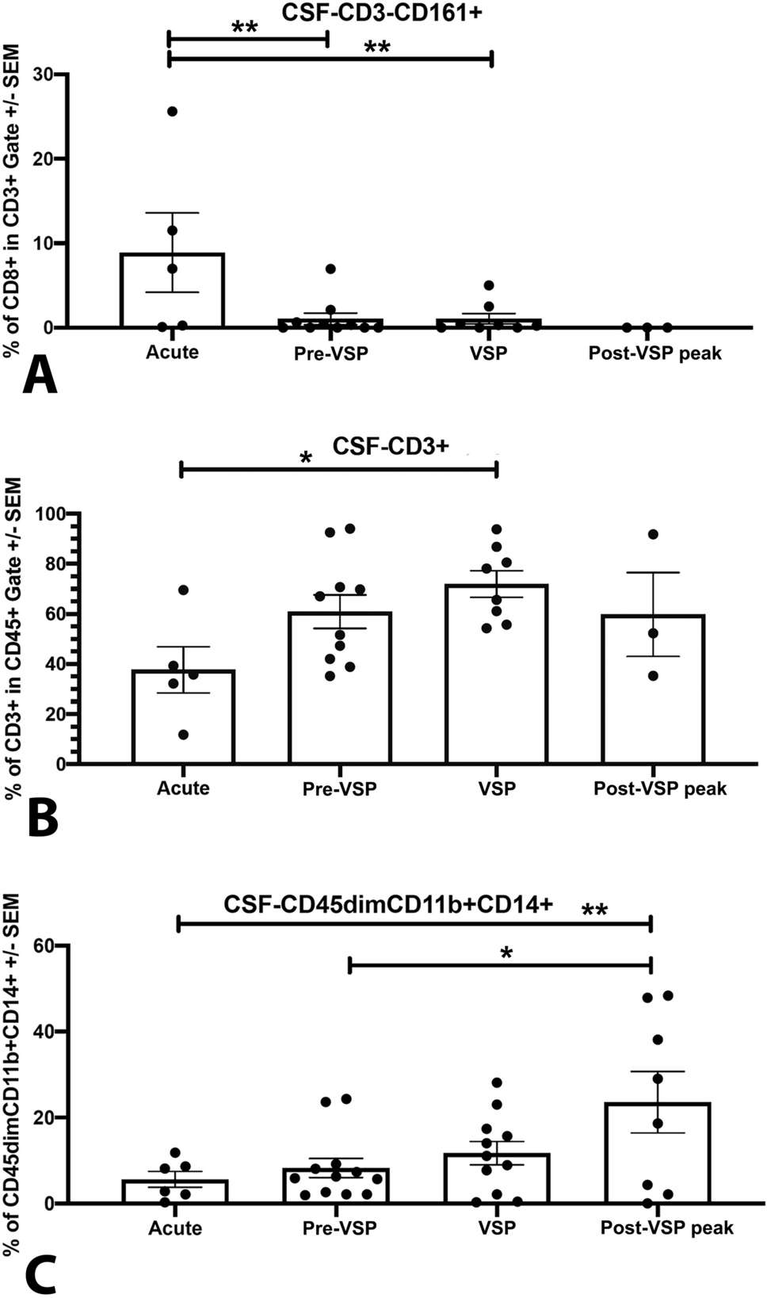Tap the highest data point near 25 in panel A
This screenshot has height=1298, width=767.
[172, 112]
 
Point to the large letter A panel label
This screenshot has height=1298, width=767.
[39, 377]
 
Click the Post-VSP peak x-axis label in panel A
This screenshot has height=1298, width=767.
[654, 353]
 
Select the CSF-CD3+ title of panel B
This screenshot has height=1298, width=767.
[391, 446]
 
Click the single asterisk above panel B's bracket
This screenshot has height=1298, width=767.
[305, 458]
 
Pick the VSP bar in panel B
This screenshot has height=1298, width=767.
[496, 674]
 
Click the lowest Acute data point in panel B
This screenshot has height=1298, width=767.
[183, 735]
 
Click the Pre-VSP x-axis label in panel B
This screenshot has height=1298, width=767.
[339, 789]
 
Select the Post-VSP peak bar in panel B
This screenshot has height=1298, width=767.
[653, 689]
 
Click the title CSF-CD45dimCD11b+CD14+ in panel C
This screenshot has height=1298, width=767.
[387, 904]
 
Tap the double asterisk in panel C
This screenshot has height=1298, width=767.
[594, 910]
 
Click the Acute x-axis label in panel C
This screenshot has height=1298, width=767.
[175, 1228]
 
